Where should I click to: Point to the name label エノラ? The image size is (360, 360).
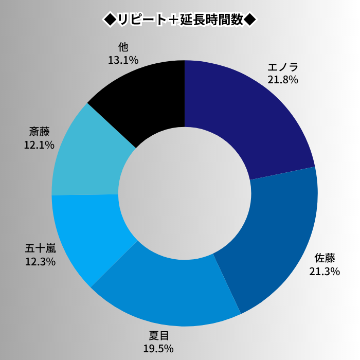[283, 67]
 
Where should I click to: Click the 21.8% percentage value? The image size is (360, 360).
[283, 80]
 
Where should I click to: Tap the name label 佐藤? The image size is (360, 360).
[325, 259]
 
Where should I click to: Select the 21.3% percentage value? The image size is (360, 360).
[325, 272]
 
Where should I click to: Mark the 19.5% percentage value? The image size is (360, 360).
[158, 349]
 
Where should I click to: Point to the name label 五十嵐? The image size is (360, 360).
[40, 249]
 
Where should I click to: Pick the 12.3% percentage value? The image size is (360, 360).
[40, 262]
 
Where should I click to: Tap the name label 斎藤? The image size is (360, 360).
[39, 132]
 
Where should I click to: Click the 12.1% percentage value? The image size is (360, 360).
[39, 145]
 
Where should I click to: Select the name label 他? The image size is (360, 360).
[123, 47]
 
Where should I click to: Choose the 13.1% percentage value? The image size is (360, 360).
[123, 60]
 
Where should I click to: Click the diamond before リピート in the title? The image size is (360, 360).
[110, 20]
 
